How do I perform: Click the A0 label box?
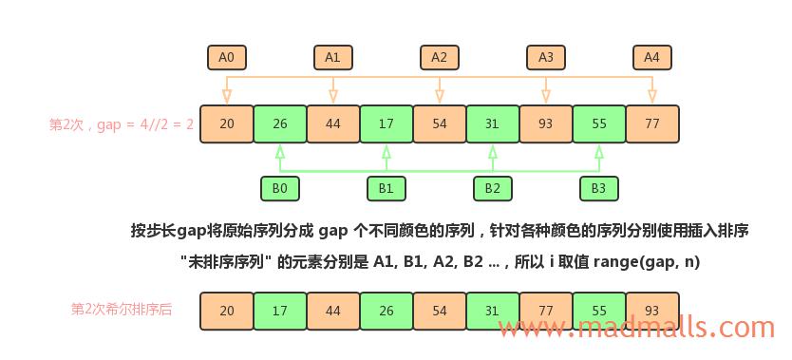226,57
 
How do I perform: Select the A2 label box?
439,57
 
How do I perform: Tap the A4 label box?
651,57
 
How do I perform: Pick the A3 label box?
545,57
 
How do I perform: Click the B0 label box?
279,188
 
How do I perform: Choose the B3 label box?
598,188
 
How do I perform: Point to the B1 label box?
386,188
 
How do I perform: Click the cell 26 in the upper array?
279,123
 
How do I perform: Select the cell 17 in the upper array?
386,123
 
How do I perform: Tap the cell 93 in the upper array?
545,123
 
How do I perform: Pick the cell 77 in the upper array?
651,123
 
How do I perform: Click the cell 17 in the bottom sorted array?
279,311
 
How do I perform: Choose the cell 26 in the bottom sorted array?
386,311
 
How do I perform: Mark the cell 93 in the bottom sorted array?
651,311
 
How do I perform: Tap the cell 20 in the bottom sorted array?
226,311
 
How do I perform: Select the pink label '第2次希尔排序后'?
122,309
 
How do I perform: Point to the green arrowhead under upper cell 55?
598,151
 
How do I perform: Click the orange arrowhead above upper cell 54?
439,96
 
